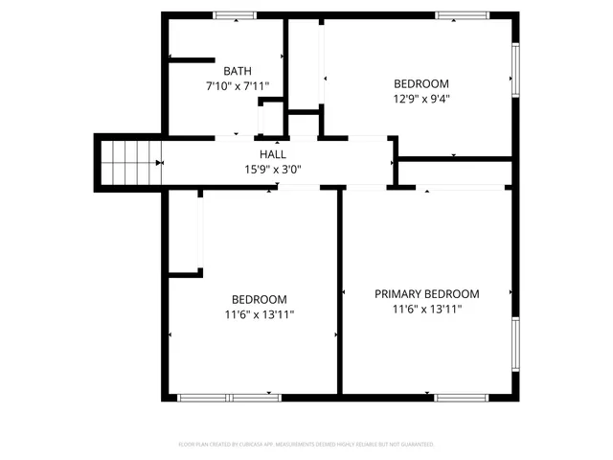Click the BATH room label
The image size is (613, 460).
coord(238,71)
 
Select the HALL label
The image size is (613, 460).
coord(272,154)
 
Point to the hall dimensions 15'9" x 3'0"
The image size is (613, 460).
coord(272,170)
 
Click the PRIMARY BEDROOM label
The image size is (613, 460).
coord(426,294)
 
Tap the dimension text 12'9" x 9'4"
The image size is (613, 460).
coord(420,99)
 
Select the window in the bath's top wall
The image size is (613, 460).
coord(234,15)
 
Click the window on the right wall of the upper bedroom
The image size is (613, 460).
coord(514,78)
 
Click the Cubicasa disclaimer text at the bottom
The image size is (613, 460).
coord(306,445)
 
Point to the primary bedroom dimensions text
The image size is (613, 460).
coord(426,310)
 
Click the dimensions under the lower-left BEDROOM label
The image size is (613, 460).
coord(259,314)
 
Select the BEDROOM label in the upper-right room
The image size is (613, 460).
coord(420,83)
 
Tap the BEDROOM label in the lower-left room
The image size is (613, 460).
coord(259,299)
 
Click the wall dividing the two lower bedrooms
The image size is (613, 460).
coord(339,287)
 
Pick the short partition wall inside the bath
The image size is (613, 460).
coord(192,59)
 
